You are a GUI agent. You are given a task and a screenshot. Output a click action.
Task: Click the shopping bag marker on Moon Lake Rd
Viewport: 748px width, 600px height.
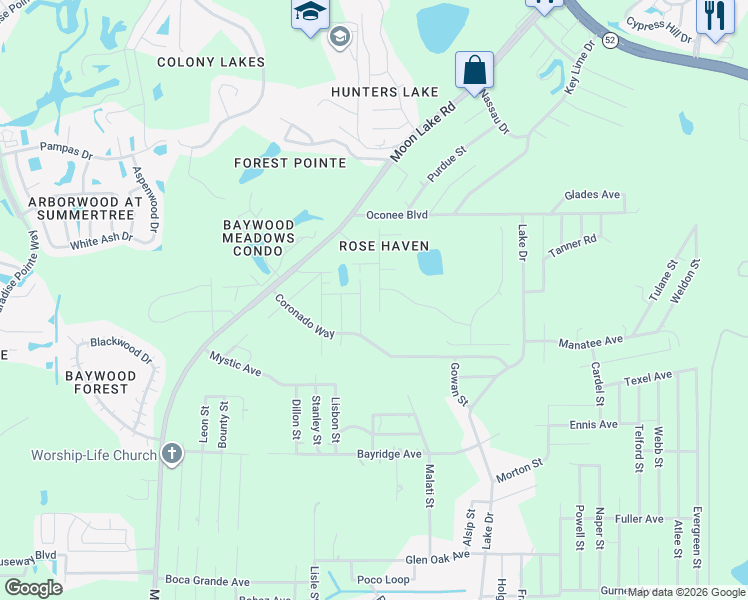click(475, 70)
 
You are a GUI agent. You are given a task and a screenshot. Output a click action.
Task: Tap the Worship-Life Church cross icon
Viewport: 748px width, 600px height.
click(172, 455)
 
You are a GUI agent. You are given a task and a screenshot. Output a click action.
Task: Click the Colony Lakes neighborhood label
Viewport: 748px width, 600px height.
click(211, 62)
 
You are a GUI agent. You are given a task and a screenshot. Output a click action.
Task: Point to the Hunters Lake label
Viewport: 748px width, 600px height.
click(386, 92)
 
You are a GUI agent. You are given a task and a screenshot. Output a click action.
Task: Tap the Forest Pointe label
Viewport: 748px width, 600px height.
click(290, 163)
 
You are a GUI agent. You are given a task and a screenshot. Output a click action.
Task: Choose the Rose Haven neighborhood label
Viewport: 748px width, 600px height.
click(384, 246)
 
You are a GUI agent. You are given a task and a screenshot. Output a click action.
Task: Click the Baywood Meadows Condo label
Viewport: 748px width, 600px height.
click(259, 238)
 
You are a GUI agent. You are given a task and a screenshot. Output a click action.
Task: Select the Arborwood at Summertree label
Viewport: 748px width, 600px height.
click(80, 208)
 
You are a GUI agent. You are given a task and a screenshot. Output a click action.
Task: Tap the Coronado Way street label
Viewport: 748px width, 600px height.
click(304, 315)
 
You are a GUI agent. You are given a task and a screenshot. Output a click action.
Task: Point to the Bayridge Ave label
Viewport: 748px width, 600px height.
click(389, 454)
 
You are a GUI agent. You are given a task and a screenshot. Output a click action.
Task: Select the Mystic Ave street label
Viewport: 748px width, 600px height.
click(235, 365)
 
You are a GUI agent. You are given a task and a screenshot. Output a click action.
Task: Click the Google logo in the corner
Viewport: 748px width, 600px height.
click(32, 588)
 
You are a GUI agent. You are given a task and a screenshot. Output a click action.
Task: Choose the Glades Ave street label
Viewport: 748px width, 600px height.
click(592, 195)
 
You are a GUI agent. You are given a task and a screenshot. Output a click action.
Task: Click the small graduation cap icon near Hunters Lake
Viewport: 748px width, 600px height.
click(339, 37)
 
